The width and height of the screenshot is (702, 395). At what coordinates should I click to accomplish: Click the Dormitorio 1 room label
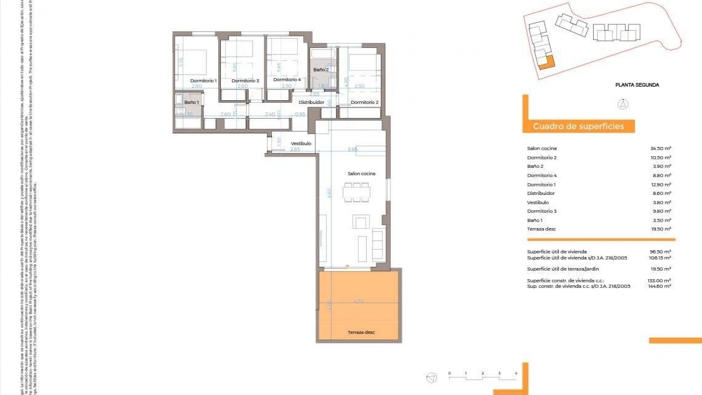coord(203,81)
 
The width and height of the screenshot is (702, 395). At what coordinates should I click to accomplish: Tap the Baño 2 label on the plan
coord(321,69)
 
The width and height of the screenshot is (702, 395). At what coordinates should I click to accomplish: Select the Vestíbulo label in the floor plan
coord(301,143)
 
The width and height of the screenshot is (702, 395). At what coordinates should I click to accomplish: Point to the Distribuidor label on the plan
coord(311,102)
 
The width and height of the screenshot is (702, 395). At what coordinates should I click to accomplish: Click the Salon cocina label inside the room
coord(361,174)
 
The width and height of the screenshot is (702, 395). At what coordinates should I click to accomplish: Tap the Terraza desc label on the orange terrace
coord(361,332)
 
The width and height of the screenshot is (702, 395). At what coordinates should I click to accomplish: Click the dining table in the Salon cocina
coord(356,192)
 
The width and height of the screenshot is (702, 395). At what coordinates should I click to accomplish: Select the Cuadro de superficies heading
coord(578,127)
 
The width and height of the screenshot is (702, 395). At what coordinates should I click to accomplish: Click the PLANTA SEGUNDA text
coord(637,85)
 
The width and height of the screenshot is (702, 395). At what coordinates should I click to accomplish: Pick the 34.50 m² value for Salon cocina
coord(660,148)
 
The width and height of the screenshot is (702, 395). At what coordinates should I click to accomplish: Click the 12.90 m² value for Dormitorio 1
coord(660,185)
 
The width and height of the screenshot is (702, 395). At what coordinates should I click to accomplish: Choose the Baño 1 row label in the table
coord(535,220)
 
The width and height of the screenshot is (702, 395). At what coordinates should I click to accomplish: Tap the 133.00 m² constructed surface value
coord(659,281)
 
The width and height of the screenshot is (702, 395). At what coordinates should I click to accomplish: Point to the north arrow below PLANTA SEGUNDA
coord(623,104)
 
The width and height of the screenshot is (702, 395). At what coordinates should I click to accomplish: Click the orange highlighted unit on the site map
coord(547,63)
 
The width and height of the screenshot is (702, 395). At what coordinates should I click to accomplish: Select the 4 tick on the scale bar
coord(516,373)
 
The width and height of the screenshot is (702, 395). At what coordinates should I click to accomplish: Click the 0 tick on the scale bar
coord(449,373)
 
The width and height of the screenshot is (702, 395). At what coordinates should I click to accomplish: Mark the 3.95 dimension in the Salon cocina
coord(352,149)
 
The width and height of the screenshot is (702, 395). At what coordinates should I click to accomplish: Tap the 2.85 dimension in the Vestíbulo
coord(295,149)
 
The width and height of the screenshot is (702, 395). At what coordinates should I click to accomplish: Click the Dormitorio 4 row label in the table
coord(541,176)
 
